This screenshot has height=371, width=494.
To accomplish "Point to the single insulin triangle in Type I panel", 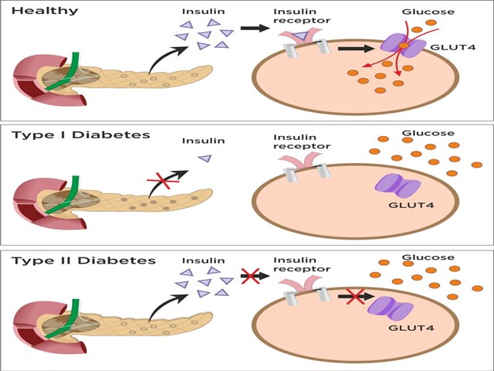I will pyautogui.click(x=205, y=158).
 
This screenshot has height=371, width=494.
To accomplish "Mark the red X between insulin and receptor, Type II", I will pyautogui.click(x=249, y=275).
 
